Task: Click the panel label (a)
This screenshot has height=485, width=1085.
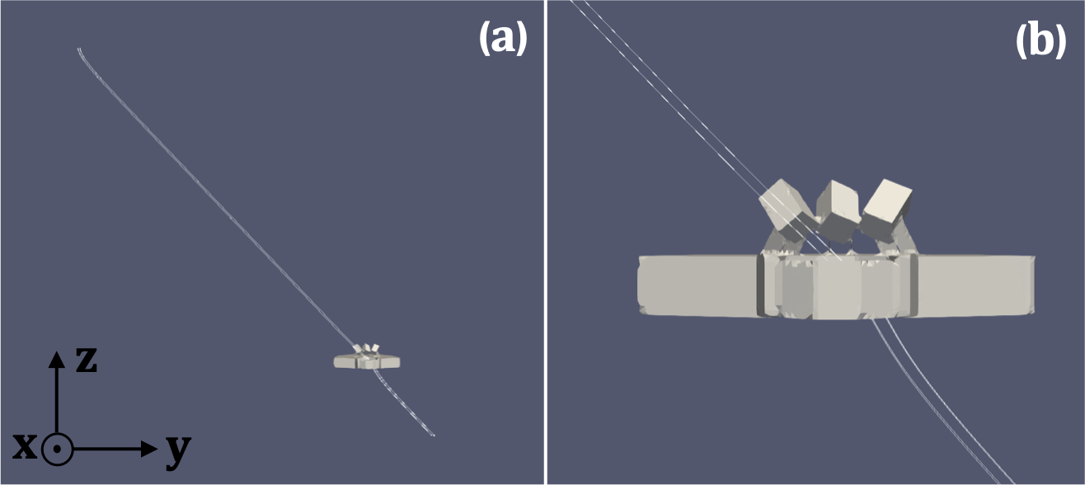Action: (503, 39)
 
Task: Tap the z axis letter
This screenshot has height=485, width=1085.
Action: (87, 360)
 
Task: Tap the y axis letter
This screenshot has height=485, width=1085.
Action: (178, 451)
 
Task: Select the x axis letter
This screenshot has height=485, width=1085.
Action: (25, 446)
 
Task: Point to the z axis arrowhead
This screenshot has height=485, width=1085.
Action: (57, 359)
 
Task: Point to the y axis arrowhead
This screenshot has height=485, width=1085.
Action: (148, 449)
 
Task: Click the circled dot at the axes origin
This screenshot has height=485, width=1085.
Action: (57, 450)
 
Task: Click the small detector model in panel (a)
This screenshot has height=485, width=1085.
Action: (367, 359)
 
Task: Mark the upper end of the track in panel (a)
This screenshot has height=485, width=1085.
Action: (78, 49)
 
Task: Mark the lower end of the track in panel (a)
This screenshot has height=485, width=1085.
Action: (434, 435)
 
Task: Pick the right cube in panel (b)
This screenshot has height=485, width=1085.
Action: (887, 210)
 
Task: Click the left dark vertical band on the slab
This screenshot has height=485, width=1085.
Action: (762, 285)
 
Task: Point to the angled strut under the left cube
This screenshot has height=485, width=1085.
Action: (772, 241)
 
